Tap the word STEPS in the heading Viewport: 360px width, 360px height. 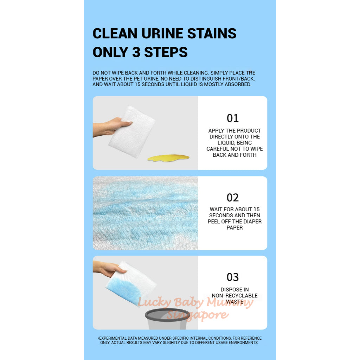(165, 52)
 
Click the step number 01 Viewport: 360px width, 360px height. (232, 118)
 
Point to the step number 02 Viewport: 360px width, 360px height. (232, 198)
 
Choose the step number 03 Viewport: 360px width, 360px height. (232, 277)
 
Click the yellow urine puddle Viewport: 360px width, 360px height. (168, 158)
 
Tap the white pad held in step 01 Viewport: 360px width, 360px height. (131, 132)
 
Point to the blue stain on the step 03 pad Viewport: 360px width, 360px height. (121, 291)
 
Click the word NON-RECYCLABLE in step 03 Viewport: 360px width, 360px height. (234, 296)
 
